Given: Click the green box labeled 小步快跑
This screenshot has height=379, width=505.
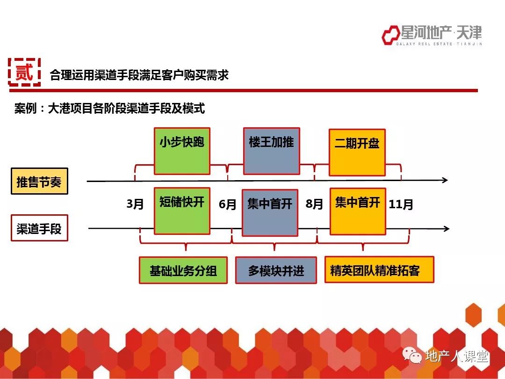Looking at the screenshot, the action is [182, 151].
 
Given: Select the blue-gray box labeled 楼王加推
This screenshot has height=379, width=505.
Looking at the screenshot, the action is [272, 151].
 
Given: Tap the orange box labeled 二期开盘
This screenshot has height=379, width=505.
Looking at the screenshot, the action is [357, 153].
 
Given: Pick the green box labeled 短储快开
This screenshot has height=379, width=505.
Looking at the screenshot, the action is [182, 211].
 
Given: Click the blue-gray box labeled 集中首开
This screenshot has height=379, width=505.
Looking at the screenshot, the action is [270, 213].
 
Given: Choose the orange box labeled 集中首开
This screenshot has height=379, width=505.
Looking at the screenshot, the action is [358, 211].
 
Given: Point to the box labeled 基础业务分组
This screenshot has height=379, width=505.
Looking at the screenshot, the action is [183, 270].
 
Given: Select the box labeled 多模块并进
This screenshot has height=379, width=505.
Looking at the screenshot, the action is [276, 270].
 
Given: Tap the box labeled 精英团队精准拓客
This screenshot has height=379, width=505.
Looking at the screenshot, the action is [379, 270].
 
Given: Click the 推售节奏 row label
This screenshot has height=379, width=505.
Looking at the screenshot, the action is [39, 181].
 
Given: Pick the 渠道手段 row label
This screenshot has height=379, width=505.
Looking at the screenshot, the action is [39, 228].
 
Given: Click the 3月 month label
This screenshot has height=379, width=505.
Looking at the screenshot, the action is [135, 204].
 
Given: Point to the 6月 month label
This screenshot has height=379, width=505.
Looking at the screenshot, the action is [227, 204].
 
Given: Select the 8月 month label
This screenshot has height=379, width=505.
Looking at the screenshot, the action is [314, 204].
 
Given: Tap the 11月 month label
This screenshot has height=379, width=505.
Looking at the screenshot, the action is [401, 204].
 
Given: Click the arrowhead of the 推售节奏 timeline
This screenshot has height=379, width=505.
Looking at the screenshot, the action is [445, 180].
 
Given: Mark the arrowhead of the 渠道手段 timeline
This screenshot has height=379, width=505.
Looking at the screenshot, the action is [447, 229].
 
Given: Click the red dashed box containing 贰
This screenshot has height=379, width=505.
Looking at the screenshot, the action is [24, 72].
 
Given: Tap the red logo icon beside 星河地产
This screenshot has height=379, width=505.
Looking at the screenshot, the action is [390, 35].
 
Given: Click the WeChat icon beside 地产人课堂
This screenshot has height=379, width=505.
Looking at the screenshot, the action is [412, 356].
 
